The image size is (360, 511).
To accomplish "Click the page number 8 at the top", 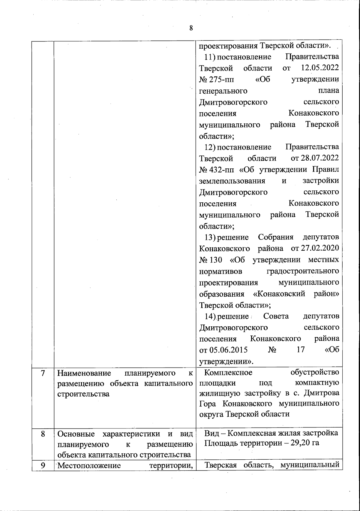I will click(x=191, y=28).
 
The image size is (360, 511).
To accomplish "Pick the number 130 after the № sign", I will click(x=217, y=260).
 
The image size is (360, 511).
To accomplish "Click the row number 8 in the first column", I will click(x=43, y=434).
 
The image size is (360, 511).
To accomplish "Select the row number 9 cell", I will click(x=43, y=465).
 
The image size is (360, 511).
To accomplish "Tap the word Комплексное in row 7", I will click(x=228, y=373).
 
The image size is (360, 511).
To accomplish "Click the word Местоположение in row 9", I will click(x=89, y=466).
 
